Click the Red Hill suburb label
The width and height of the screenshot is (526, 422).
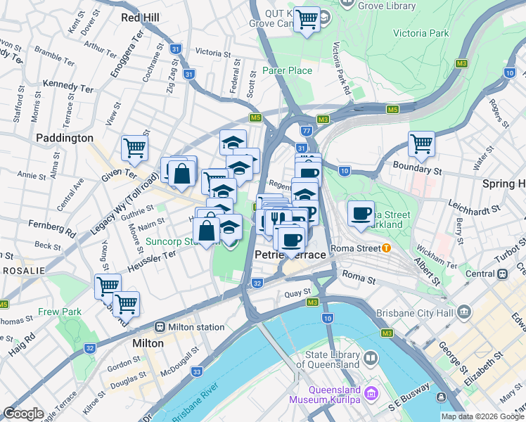(x=146, y=17)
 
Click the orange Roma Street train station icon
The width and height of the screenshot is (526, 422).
(x=386, y=248)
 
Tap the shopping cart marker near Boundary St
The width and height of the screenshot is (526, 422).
(x=421, y=143)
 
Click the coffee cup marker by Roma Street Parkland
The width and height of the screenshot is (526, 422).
(x=361, y=213)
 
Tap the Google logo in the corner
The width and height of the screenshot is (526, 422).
(x=23, y=414)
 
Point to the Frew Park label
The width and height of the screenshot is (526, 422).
(x=60, y=312)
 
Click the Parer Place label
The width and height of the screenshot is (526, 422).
(x=287, y=70)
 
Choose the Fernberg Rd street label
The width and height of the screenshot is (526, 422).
(x=51, y=229)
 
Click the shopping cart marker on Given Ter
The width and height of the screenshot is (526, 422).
(x=134, y=148)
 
